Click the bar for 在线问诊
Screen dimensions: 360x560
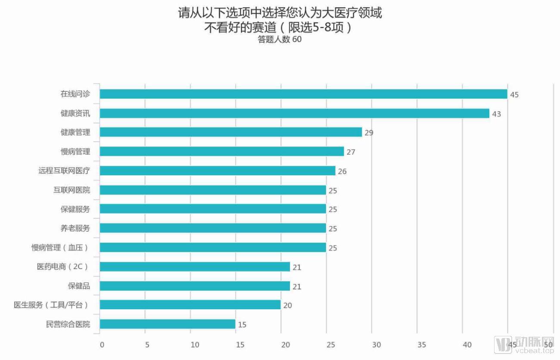pyautogui.click(x=303, y=94)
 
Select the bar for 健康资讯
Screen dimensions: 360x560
pyautogui.click(x=294, y=113)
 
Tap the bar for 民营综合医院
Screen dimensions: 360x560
pyautogui.click(x=168, y=324)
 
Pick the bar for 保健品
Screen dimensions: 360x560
pyautogui.click(x=195, y=286)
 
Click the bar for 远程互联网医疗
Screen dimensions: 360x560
pyautogui.click(x=218, y=171)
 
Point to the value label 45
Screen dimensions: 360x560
pyautogui.click(x=514, y=95)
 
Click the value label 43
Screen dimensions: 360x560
pyautogui.click(x=496, y=114)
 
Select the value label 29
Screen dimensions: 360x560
pyautogui.click(x=369, y=133)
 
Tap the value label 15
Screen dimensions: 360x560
pyautogui.click(x=242, y=325)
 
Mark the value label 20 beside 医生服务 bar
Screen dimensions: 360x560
pyautogui.click(x=287, y=306)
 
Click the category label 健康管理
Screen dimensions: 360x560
pyautogui.click(x=75, y=132)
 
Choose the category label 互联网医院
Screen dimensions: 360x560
pyautogui.click(x=72, y=190)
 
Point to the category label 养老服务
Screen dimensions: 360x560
pyautogui.click(x=75, y=228)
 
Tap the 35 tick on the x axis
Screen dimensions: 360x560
pyautogui.click(x=422, y=344)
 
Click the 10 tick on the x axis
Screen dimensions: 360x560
pyautogui.click(x=195, y=344)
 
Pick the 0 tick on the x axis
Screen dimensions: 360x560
pyautogui.click(x=102, y=344)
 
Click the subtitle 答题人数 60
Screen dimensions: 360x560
pyautogui.click(x=280, y=40)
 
